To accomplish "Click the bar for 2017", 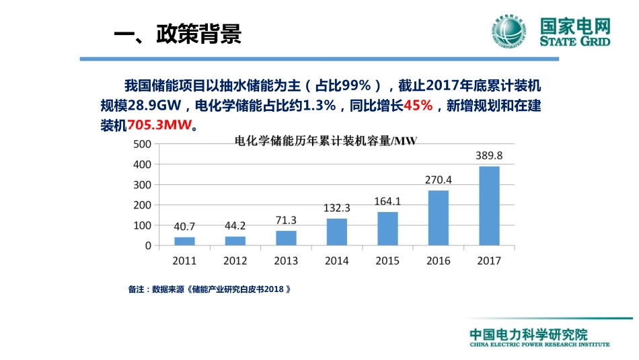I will (489, 206).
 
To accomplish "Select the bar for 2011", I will (184, 241).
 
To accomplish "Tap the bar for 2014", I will (336, 232).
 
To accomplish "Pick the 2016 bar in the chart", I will (438, 218).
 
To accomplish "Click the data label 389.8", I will (489, 155).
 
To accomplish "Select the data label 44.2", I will (235, 226).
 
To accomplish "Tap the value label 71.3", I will (286, 221).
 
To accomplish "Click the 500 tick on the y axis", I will (142, 144).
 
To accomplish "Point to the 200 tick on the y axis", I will (142, 205).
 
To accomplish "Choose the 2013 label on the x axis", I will (286, 261).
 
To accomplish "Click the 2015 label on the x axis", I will (387, 261).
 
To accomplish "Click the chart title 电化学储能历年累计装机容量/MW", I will (325, 141).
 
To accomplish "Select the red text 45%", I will (418, 106).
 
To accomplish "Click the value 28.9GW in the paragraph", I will (157, 106).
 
